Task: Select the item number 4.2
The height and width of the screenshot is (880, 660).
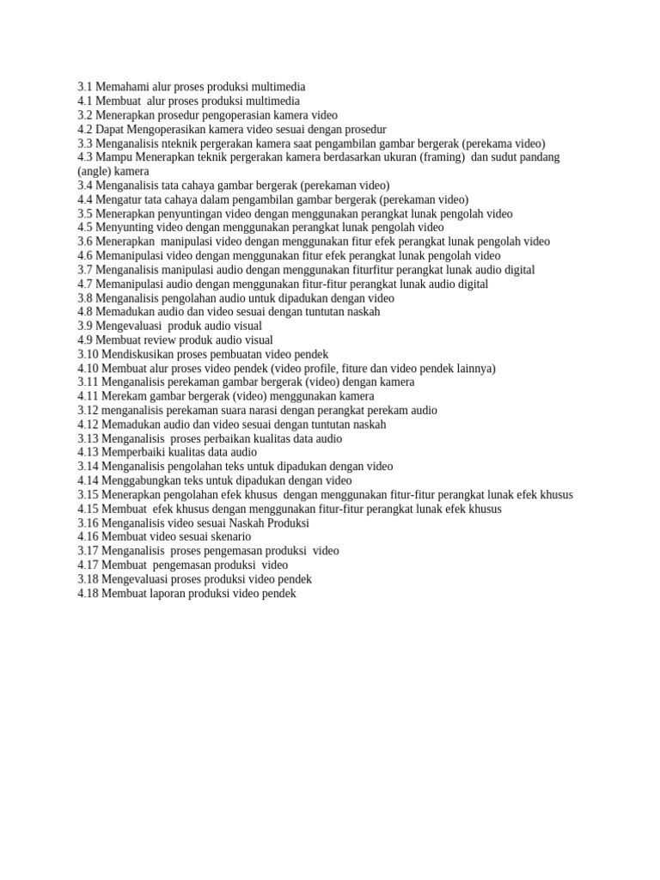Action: click(85, 129)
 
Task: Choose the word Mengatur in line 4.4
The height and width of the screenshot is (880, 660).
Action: click(120, 199)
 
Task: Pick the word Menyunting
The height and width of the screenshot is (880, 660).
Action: click(125, 228)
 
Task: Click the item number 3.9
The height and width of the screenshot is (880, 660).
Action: click(85, 326)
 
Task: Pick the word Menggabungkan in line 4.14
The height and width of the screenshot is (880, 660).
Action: click(142, 480)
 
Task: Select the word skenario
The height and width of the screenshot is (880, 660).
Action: click(228, 536)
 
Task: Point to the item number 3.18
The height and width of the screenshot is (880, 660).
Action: click(88, 579)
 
